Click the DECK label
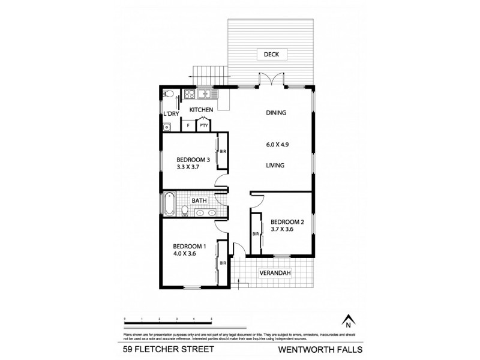point(272,55)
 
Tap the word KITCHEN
point(202,110)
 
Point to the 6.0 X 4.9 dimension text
point(275,143)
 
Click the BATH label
point(199,200)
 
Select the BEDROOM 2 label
point(287,222)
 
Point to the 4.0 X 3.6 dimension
point(185,253)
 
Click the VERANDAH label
point(275,274)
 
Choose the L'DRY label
point(169,114)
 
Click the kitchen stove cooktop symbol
point(189,94)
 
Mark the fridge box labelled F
point(189,125)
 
